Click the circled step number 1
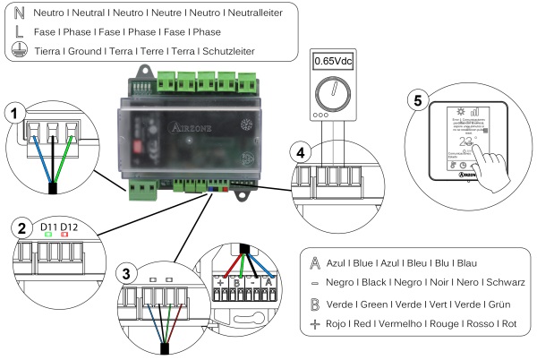pos(13,115)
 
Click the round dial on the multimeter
pos(336,92)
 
